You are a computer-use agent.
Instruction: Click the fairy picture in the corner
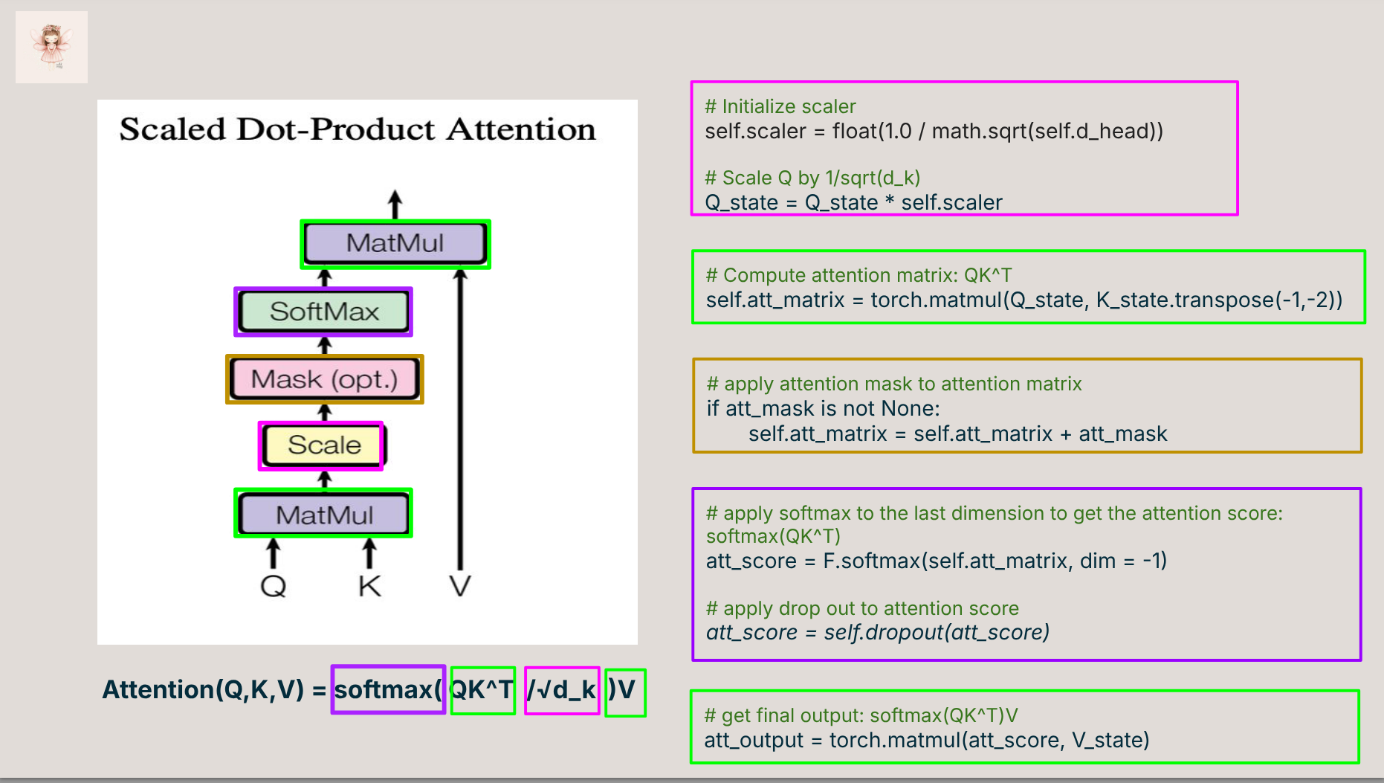coord(51,47)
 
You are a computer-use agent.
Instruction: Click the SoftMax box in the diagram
coord(323,312)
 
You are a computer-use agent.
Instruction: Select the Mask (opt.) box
coord(324,379)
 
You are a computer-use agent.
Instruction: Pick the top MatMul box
coord(395,243)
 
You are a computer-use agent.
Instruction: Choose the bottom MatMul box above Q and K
coord(323,515)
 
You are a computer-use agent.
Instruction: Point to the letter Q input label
coord(273,586)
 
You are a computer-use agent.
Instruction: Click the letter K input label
coord(369,586)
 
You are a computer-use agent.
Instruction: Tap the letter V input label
coord(460,586)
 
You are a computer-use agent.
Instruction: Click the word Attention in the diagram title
coord(521,130)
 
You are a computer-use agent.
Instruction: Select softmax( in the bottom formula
coord(388,690)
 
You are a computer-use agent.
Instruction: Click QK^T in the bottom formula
coord(482,690)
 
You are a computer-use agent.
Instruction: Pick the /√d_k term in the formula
coord(562,690)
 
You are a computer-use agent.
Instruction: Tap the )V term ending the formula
coord(624,690)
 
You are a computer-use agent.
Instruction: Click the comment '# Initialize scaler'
coord(780,106)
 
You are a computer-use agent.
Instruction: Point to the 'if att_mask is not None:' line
coord(823,408)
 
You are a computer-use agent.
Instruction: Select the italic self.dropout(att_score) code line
coord(877,633)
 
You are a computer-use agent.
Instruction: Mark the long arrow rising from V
coord(461,416)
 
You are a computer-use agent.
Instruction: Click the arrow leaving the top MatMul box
coord(395,204)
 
